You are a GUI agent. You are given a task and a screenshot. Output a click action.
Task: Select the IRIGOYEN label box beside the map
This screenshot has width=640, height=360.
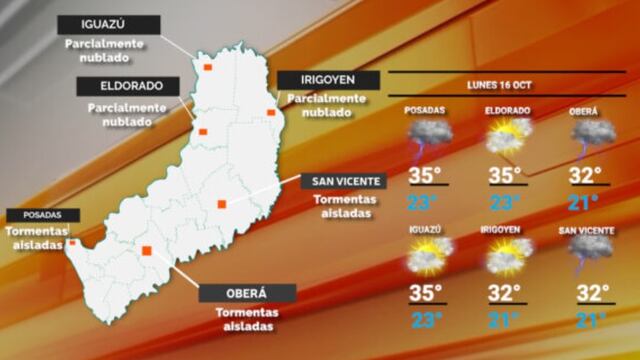328,80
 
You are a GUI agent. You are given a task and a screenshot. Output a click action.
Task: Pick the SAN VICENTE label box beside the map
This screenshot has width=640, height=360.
345,180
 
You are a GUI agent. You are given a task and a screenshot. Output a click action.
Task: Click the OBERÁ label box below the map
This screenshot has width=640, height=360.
247,293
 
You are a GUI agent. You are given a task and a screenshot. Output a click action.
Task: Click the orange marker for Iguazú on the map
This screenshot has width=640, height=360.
208,67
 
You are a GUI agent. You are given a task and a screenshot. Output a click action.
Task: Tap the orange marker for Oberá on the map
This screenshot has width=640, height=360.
147,250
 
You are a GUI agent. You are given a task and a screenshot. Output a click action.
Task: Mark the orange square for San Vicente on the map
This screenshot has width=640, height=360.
222,204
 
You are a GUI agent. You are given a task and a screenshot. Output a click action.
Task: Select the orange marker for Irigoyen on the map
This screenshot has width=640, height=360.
271,112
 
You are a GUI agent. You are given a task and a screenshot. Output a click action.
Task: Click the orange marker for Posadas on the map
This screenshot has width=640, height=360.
72,242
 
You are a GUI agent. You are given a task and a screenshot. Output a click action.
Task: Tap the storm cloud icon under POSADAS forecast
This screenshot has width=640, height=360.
425,136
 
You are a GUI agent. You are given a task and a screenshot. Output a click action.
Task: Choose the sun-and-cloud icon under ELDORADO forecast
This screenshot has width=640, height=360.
506,136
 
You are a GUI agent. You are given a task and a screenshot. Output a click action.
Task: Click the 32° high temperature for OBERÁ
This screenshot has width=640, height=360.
585,176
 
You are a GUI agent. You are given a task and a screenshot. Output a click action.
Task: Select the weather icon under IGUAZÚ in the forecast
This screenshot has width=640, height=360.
425,257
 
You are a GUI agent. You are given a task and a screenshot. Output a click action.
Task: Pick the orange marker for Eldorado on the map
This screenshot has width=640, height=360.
202,131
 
